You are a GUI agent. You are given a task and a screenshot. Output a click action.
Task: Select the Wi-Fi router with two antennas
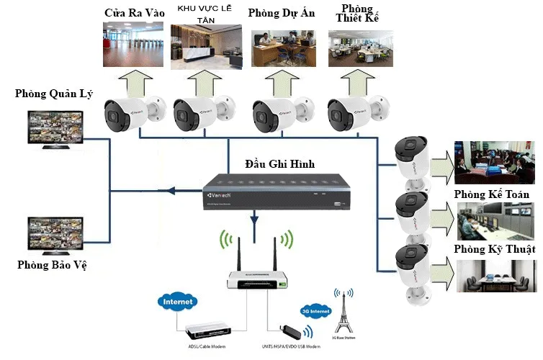click(x=257, y=276)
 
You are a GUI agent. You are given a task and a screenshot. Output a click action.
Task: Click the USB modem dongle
click(x=287, y=332)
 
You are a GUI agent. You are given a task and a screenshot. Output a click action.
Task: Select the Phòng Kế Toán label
click(x=492, y=195)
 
